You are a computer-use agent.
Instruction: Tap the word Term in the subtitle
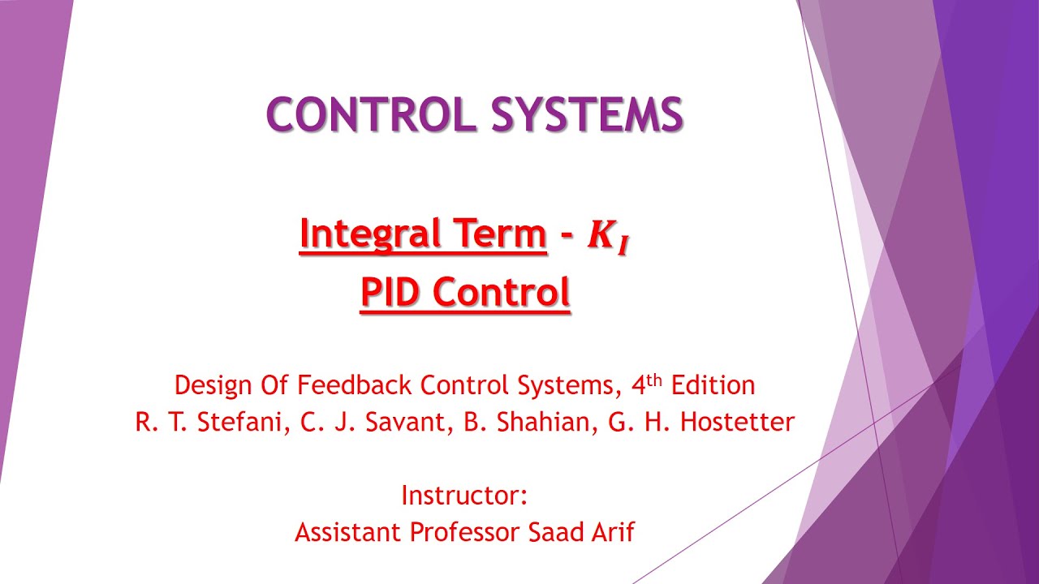[x=506, y=234]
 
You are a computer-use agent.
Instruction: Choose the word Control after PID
[x=501, y=293]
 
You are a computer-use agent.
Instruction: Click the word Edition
[x=715, y=384]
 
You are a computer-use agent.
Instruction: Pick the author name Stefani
[x=235, y=423]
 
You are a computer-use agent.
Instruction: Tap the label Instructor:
[x=465, y=495]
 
